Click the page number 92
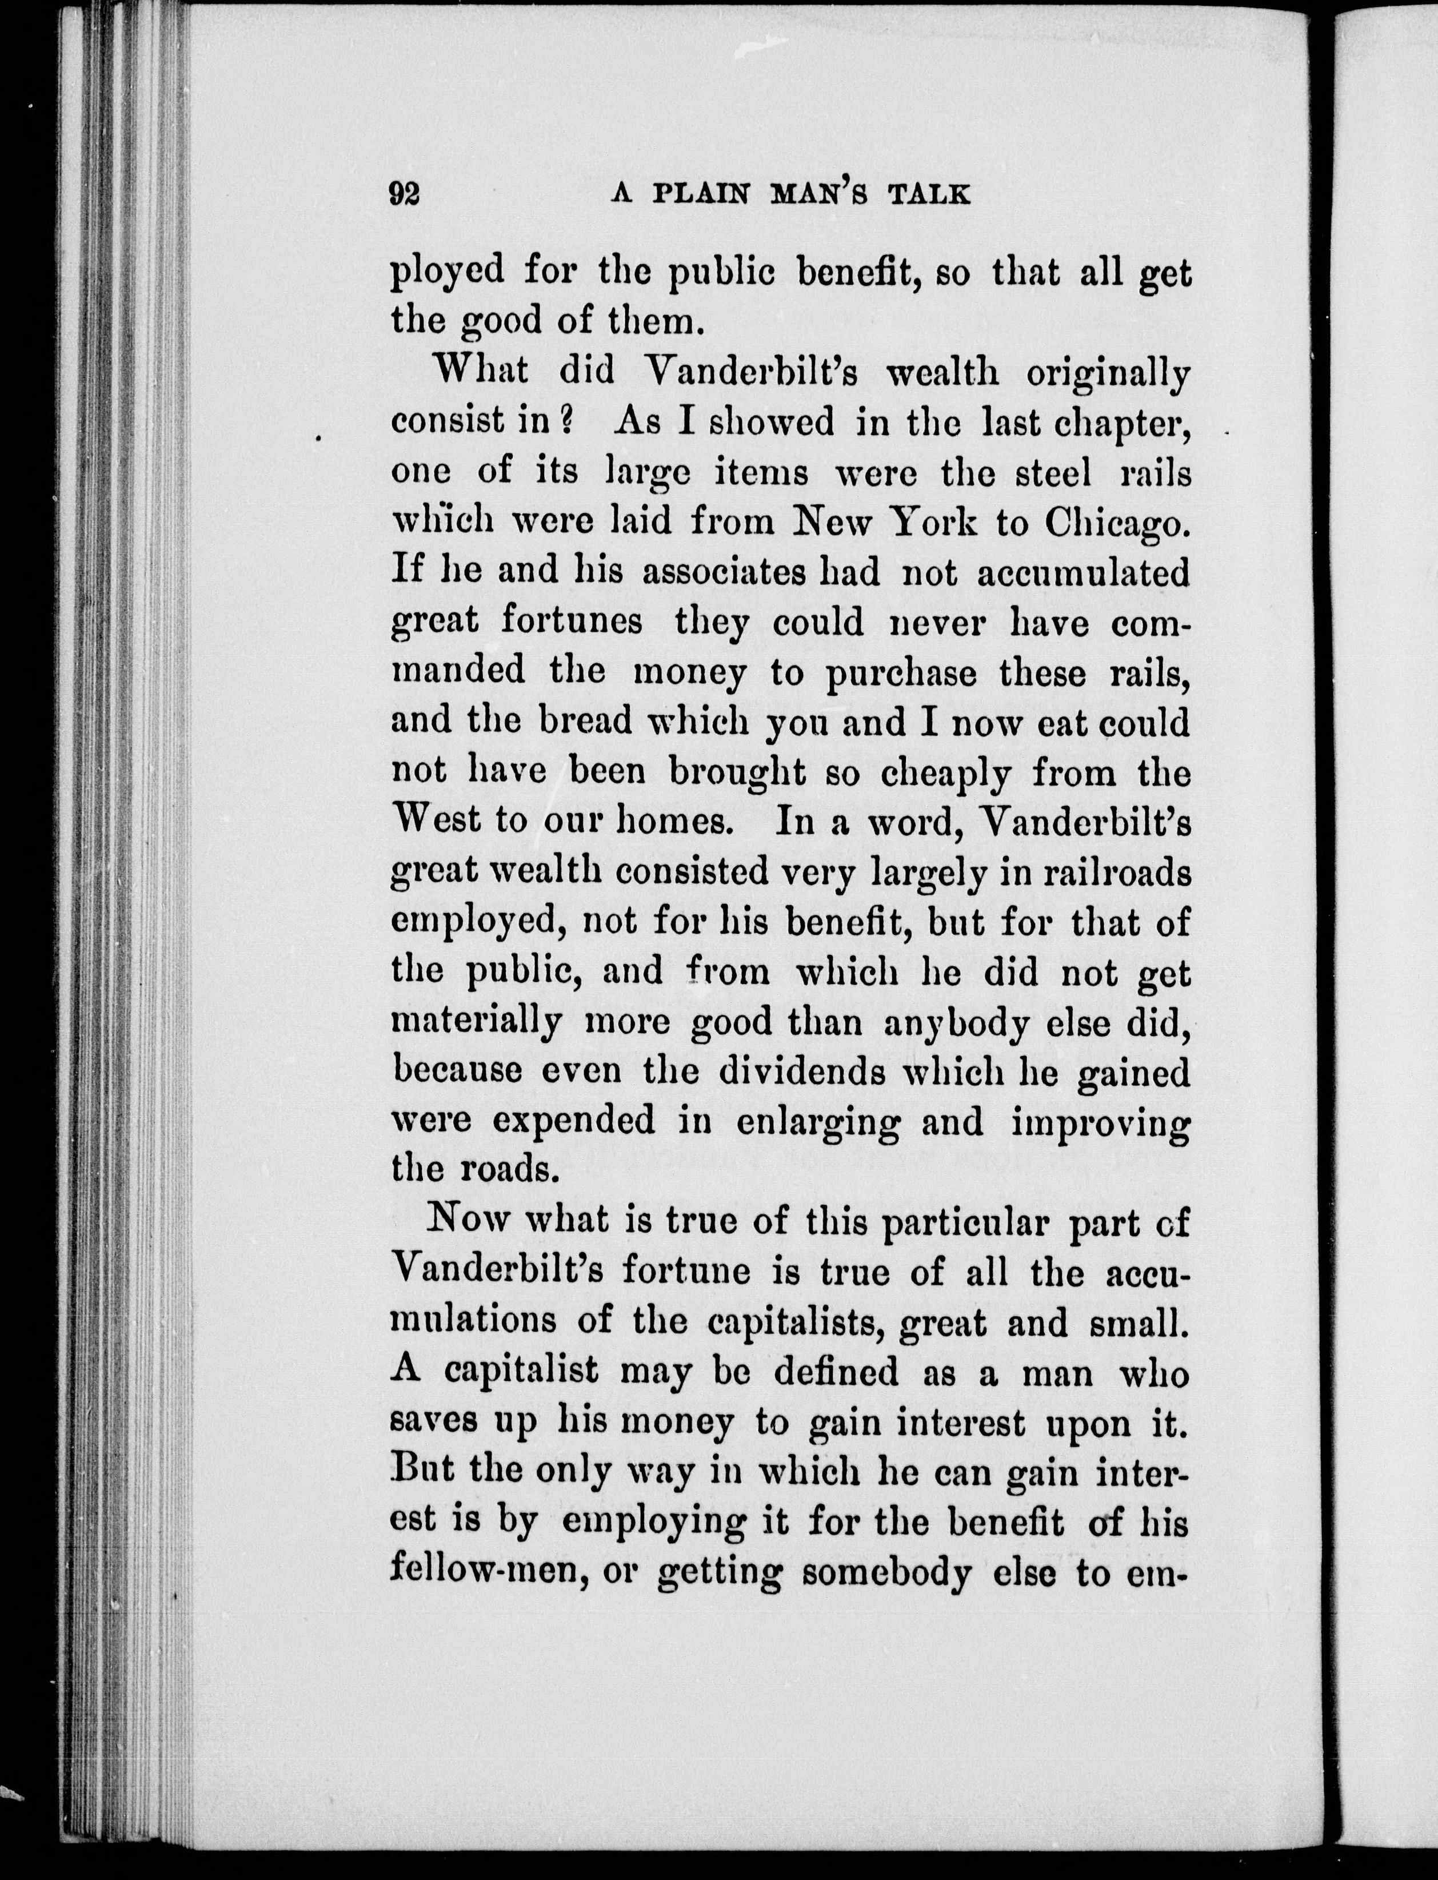tap(404, 194)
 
